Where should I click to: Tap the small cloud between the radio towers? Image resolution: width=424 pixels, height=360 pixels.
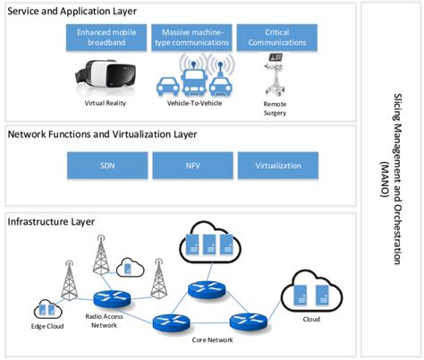(x=128, y=267)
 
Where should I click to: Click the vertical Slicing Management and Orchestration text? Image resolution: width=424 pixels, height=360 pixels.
(x=400, y=179)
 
